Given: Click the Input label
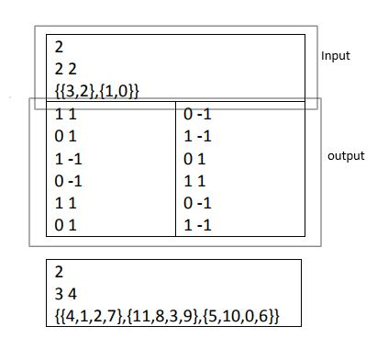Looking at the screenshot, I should click(336, 56).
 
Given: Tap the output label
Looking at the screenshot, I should click(346, 156).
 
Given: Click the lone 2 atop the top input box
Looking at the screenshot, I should click(59, 45).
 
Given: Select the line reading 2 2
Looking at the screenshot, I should click(63, 67).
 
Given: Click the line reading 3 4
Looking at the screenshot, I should click(63, 295).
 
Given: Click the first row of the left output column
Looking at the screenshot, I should click(65, 114).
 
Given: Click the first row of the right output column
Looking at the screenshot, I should click(196, 114).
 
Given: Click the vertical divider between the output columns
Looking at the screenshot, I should click(175, 170).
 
